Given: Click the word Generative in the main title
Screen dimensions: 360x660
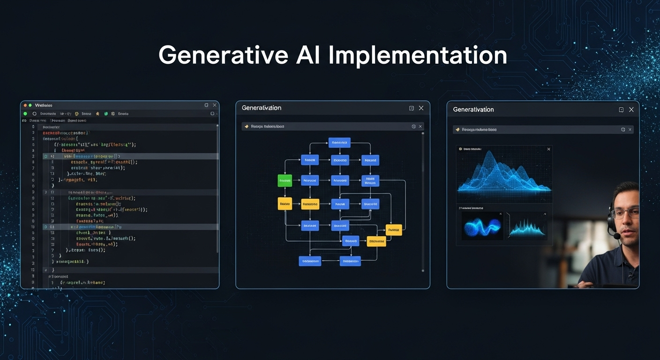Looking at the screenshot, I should [x=223, y=55].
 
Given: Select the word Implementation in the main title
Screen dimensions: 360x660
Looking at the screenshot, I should [x=418, y=55].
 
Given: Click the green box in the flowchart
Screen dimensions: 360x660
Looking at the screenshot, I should [x=285, y=180].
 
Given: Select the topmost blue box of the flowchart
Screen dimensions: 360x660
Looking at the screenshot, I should [x=339, y=142].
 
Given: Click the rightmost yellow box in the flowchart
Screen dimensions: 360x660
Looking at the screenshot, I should [x=394, y=230].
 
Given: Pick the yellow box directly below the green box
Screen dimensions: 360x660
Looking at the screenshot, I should [x=285, y=203].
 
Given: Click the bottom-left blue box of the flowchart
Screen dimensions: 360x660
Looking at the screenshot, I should [x=310, y=261].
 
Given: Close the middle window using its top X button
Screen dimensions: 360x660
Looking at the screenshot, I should [x=421, y=108].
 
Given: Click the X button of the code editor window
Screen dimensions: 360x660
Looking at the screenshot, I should [x=215, y=105].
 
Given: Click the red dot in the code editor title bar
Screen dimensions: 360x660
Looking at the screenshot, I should [x=25, y=105].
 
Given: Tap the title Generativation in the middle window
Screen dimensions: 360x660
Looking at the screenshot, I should [x=262, y=108].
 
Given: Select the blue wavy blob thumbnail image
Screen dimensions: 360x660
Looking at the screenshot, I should [x=482, y=226].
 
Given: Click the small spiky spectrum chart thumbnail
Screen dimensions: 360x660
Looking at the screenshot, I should [x=527, y=226].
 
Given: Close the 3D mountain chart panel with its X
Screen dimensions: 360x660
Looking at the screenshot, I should [x=549, y=149].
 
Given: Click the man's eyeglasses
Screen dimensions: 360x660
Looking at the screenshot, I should [x=626, y=213].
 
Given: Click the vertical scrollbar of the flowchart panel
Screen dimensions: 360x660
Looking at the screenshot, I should [x=423, y=155].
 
